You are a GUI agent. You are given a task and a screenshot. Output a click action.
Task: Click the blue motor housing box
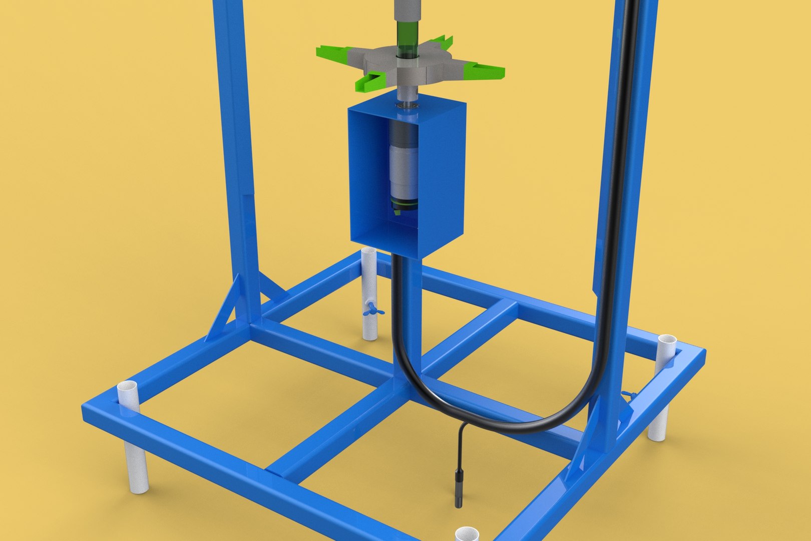click(x=441, y=175)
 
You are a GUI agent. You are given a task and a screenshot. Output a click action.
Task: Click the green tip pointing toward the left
click(x=330, y=51)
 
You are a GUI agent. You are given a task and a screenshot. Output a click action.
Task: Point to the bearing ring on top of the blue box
click(x=407, y=106)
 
